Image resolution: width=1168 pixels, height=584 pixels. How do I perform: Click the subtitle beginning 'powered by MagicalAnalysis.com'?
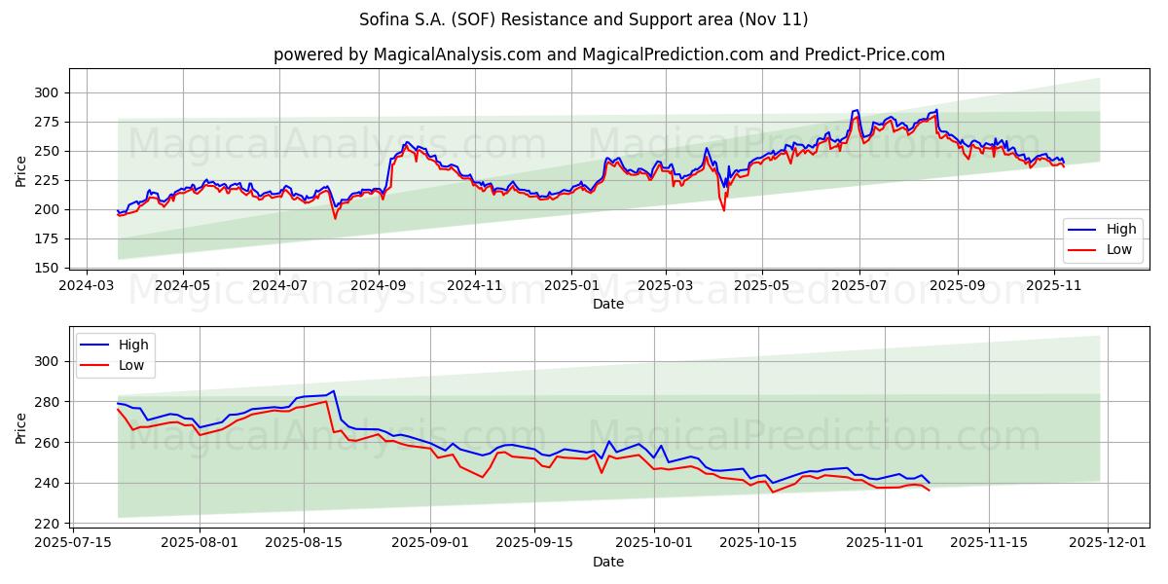608,55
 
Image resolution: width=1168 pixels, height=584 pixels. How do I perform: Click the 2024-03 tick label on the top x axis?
88,286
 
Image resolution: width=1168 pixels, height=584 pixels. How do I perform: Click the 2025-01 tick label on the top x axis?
571,286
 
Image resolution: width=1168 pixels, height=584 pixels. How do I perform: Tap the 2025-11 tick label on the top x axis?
1054,286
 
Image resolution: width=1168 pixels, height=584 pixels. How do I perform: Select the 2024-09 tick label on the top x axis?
379,286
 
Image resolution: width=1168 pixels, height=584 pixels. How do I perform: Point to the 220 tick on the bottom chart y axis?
48,524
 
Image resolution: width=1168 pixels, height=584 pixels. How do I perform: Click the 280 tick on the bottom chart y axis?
48,402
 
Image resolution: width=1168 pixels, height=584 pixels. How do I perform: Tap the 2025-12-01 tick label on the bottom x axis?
1108,542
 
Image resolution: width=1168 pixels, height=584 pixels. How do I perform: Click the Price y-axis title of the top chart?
21,170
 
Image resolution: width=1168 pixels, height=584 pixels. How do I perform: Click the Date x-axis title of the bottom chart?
608,562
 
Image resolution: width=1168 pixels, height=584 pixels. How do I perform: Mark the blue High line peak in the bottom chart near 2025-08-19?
333,391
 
